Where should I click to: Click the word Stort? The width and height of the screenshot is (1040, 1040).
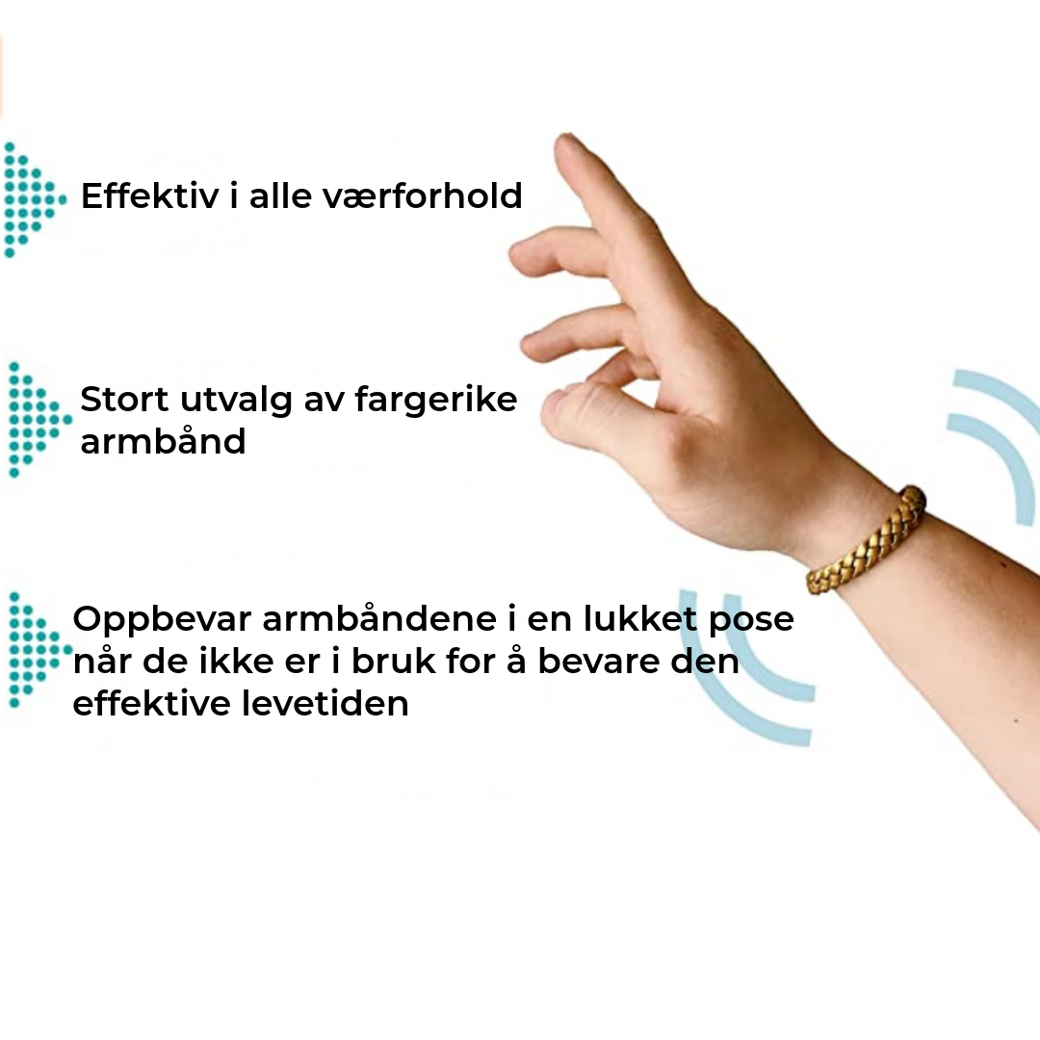(124, 399)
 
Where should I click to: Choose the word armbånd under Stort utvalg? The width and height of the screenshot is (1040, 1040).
(163, 442)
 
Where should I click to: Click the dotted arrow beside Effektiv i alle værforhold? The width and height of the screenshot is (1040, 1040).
(33, 199)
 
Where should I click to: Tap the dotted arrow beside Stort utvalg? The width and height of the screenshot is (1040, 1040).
(37, 420)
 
